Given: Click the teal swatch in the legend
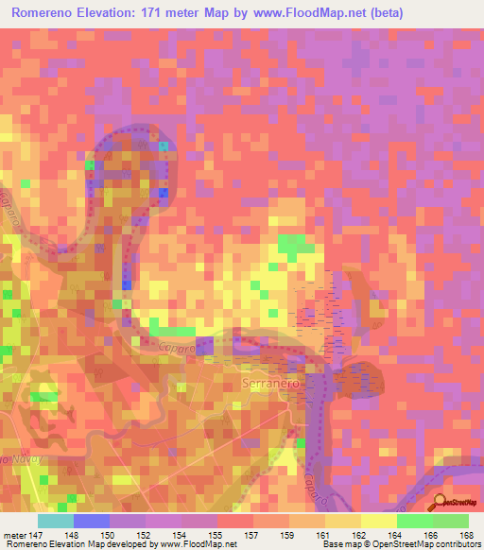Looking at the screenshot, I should (x=56, y=520).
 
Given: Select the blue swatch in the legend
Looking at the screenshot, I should (x=92, y=520).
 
